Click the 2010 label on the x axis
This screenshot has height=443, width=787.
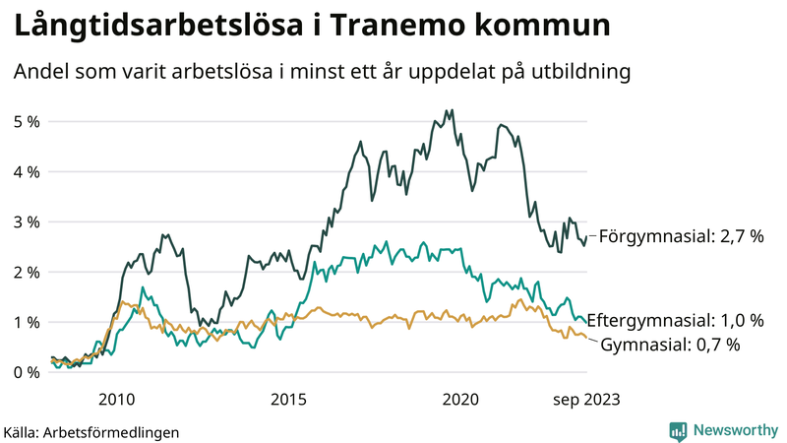coord(116,399)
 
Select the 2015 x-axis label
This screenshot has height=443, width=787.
coord(288,399)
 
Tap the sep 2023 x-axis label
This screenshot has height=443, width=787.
coord(586,399)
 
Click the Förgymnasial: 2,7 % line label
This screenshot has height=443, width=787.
coord(681,236)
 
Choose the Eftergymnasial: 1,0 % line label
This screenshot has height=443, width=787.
coord(681,321)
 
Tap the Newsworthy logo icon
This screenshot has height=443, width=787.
coord(679,430)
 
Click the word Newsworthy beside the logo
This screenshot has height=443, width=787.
coord(734,430)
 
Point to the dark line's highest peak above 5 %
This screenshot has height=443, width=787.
coord(451,110)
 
